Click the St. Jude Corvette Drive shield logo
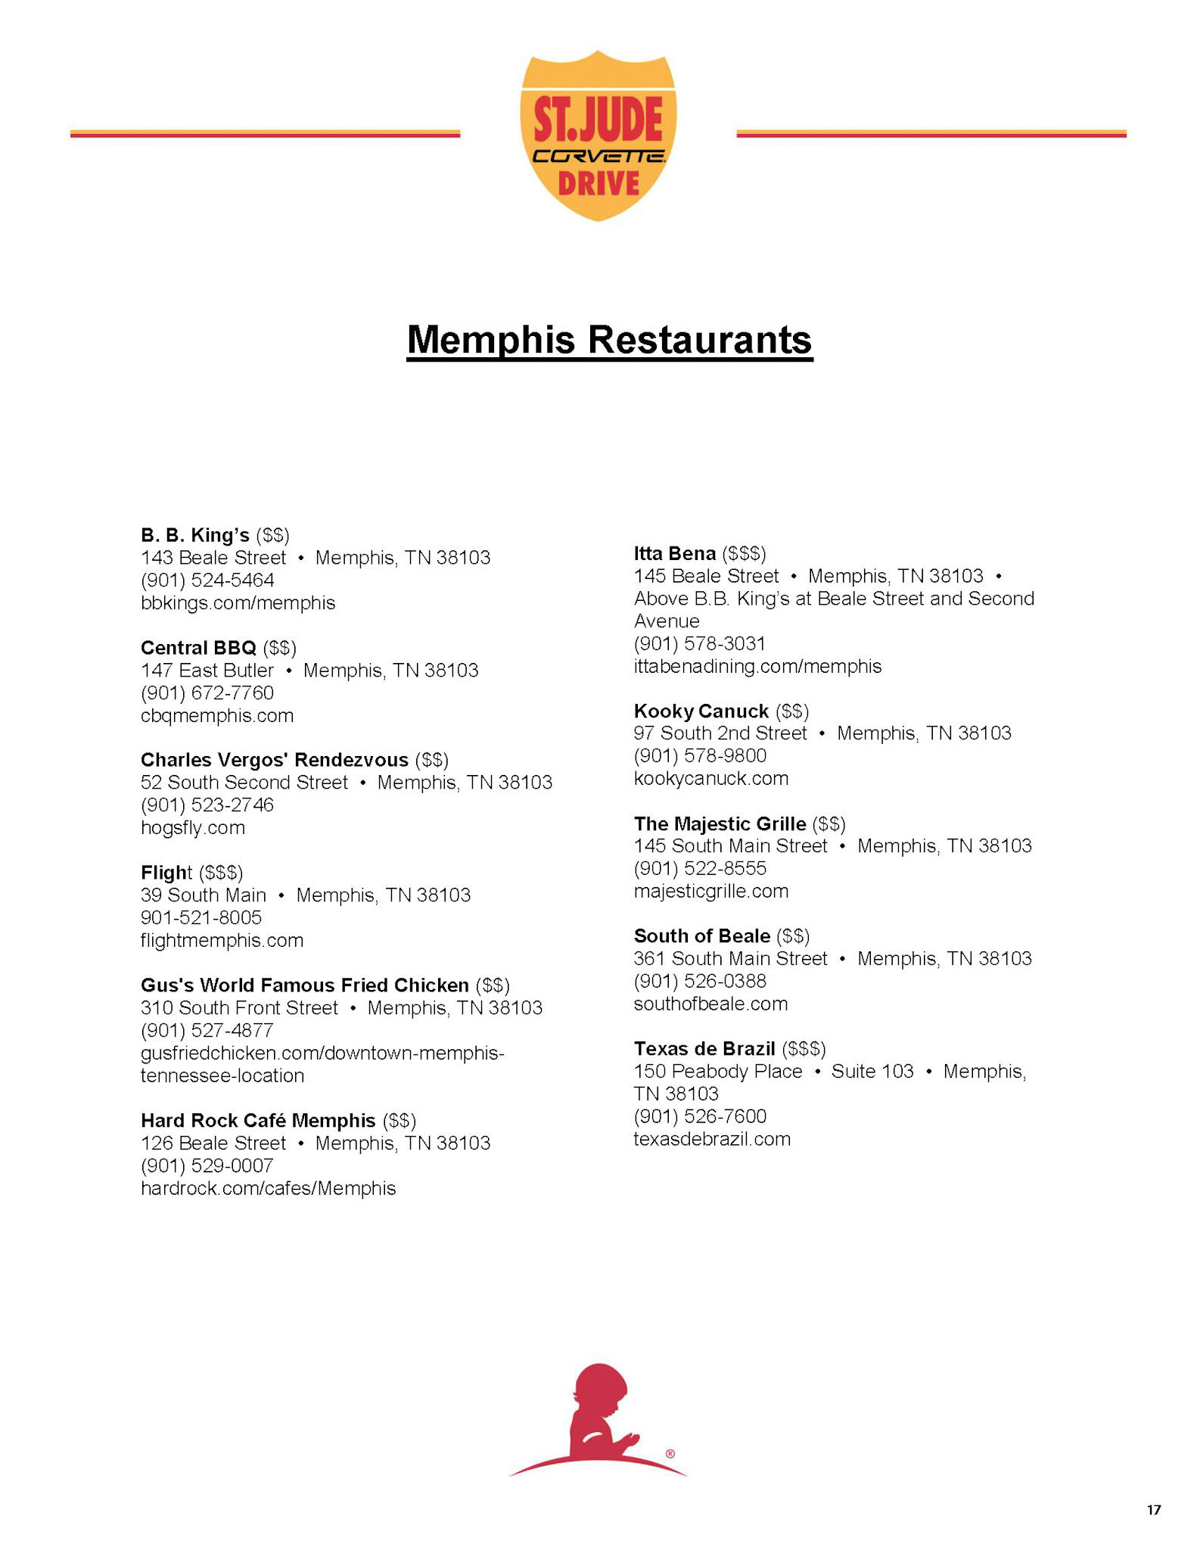click(x=598, y=135)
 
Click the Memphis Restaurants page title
click(x=609, y=340)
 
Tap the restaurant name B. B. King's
click(x=194, y=535)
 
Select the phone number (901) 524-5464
click(x=207, y=580)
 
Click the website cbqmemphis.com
click(x=217, y=716)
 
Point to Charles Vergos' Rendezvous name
click(x=274, y=760)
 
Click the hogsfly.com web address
click(x=193, y=828)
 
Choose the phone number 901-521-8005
click(x=201, y=918)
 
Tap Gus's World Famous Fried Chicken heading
click(x=304, y=985)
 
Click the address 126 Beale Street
click(x=213, y=1143)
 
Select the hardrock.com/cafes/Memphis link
click(x=268, y=1188)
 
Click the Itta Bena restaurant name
click(x=674, y=553)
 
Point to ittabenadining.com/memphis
click(x=757, y=667)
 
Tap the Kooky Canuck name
click(x=701, y=711)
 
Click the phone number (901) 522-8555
click(x=700, y=868)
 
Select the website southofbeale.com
click(x=710, y=1004)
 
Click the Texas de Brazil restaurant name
click(x=704, y=1049)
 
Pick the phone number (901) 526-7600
click(x=700, y=1116)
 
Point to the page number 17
click(x=1153, y=1511)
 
